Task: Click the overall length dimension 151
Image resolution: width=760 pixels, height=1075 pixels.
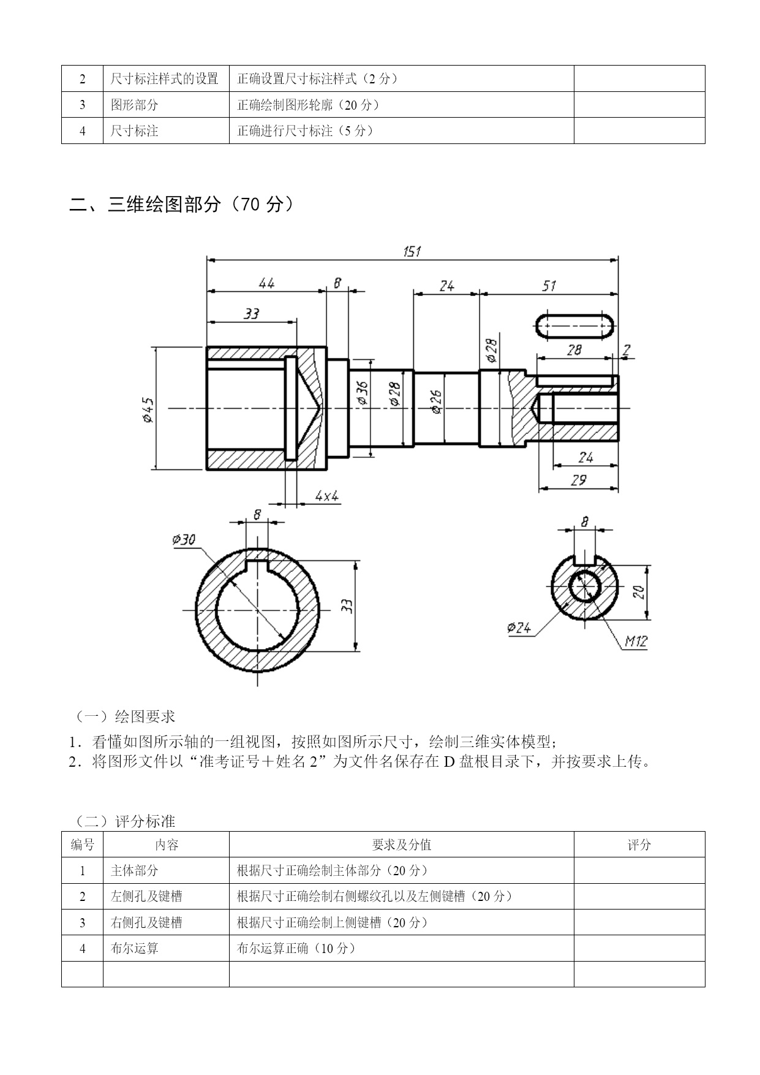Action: (x=412, y=251)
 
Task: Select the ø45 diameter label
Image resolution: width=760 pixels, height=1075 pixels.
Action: (x=148, y=409)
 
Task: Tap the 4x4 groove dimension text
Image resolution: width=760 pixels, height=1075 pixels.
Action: (x=327, y=496)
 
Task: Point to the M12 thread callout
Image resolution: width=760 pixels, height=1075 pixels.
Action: (x=636, y=642)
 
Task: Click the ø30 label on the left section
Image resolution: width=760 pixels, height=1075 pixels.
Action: (x=184, y=539)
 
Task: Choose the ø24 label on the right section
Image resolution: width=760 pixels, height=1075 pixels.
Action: (x=519, y=628)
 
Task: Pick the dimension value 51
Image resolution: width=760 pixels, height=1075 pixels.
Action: (x=549, y=286)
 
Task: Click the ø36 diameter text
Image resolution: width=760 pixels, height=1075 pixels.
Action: (x=361, y=393)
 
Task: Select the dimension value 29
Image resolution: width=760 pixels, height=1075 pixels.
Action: (x=578, y=481)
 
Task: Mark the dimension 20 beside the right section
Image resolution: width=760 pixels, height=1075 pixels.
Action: (x=639, y=591)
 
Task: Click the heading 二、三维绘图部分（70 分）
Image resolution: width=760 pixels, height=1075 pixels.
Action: (x=181, y=204)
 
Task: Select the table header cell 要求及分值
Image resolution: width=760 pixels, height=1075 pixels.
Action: (x=401, y=845)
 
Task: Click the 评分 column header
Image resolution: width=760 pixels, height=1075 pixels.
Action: (x=639, y=845)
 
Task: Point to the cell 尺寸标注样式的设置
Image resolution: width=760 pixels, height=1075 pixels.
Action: (x=165, y=78)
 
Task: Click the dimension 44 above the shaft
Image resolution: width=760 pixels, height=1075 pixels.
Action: (x=266, y=283)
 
